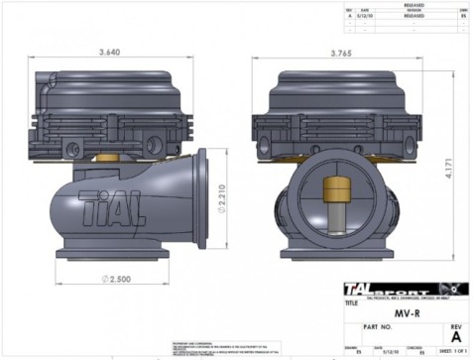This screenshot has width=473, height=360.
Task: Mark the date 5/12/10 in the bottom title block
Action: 385,350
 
